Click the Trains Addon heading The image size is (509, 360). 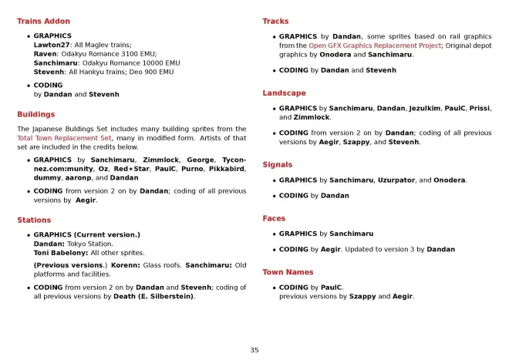43,22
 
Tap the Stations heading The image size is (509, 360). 34,220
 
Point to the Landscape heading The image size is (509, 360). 284,93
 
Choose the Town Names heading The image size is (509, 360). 288,272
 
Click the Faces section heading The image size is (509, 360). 274,218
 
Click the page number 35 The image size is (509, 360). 254,350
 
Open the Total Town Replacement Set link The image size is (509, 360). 64,138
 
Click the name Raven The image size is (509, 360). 46,54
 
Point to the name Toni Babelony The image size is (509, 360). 60,253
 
